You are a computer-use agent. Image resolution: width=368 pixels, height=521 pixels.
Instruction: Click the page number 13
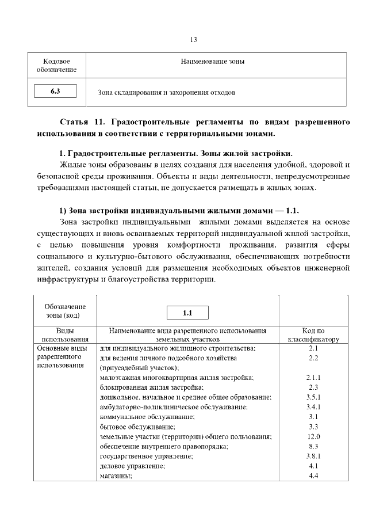pos(193,40)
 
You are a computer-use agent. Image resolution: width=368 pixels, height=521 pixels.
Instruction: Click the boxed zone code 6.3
pos(55,91)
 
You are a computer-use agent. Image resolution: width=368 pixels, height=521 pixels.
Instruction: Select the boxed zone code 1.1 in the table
pos(187,313)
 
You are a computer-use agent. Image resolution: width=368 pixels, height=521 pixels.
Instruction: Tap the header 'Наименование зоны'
pos(212,62)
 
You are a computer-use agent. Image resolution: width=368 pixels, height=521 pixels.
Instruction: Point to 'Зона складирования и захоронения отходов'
pos(167,92)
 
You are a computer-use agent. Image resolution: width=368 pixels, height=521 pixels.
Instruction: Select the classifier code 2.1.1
pos(313,377)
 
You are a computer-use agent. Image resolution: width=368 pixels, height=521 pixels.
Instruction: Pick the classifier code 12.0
pos(313,436)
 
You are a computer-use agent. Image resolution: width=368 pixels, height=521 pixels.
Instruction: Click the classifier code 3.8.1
pos(313,456)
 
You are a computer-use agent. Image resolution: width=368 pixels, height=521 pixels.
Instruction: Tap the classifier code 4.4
pos(313,476)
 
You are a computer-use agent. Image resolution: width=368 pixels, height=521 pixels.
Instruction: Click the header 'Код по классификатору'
pos(313,335)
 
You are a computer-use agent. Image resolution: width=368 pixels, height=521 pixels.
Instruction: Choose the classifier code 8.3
pos(313,446)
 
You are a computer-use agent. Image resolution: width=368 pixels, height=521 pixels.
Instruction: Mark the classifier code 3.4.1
pos(313,407)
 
